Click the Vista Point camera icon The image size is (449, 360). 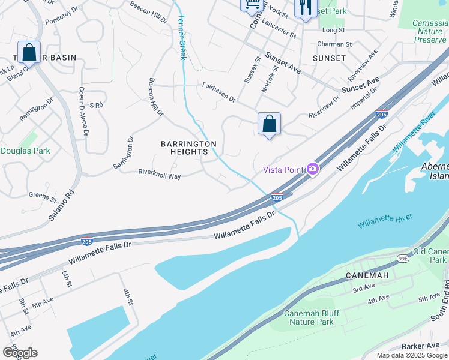click(313, 170)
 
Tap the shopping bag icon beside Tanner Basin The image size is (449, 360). click(29, 52)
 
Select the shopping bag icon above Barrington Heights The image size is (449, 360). click(269, 124)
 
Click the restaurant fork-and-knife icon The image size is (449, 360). click(305, 7)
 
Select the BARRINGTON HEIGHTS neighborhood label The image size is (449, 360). click(188, 148)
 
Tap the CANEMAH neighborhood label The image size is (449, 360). click(367, 275)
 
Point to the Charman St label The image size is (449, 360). click(334, 44)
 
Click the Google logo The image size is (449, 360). click(20, 352)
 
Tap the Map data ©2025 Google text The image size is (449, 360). click(411, 355)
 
